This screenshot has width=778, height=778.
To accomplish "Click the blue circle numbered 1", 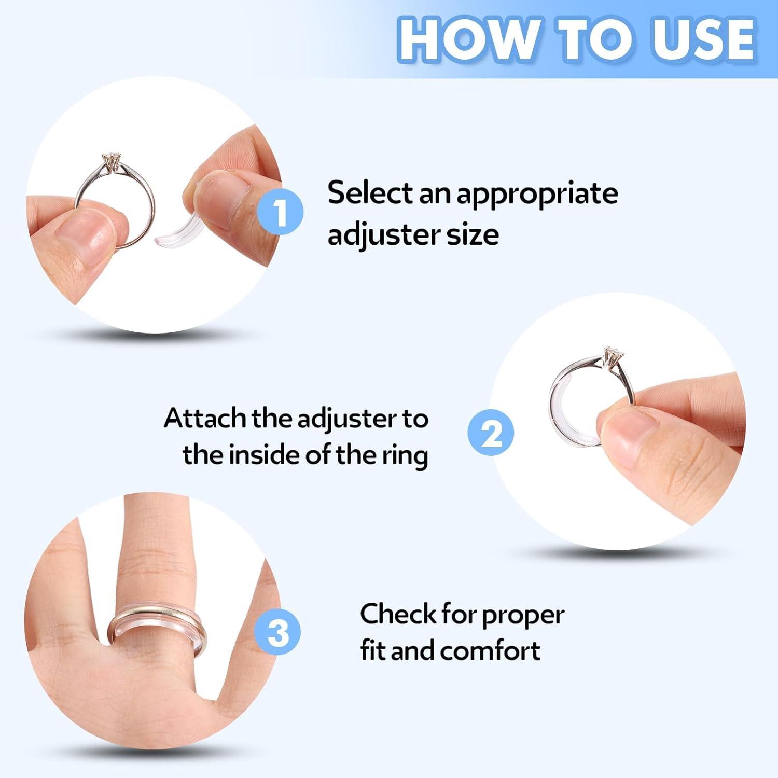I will (280, 212).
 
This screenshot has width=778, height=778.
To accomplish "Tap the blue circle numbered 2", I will (491, 433).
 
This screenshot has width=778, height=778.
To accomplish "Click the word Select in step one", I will (369, 193).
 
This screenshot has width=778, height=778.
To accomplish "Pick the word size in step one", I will (473, 234).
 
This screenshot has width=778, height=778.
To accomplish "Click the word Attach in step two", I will (205, 418).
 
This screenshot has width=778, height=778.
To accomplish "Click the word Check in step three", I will (398, 614).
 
